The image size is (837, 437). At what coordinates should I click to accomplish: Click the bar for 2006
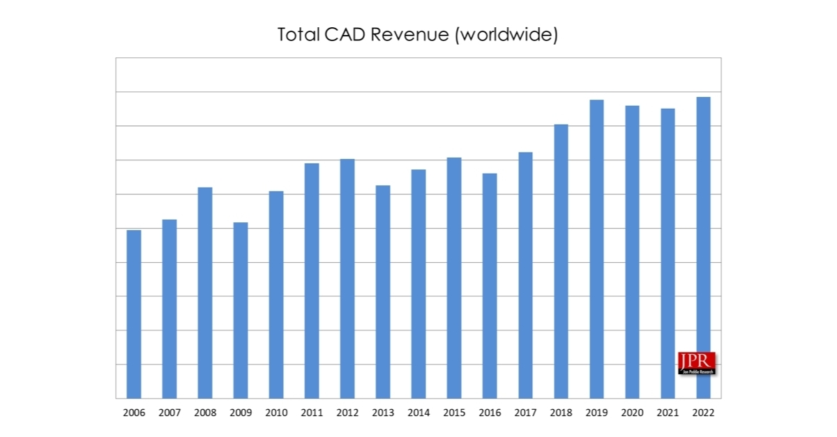pos(133,314)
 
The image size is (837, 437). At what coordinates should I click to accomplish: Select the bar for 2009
pos(240,310)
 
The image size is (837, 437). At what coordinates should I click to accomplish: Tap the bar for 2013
pos(383,292)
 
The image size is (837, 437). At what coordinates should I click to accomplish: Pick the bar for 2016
pos(490,286)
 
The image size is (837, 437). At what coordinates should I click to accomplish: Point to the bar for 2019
pos(596,249)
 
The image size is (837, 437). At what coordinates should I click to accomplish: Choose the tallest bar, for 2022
pos(703,247)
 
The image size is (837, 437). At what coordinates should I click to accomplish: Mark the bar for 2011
pos(312,281)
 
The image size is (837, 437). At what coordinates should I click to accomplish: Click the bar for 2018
pos(561,261)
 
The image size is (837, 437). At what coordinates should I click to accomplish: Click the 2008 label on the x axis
pos(205,413)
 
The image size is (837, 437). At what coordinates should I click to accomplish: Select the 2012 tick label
pos(347,413)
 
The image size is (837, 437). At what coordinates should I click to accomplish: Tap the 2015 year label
pos(454,413)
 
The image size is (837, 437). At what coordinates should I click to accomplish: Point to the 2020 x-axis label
pos(632,413)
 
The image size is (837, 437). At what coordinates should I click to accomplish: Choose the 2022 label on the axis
pos(703,413)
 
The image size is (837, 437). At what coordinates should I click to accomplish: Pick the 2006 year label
pos(134,413)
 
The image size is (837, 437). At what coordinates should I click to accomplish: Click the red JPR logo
pos(696,362)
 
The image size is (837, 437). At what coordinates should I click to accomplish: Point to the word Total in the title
pos(298,35)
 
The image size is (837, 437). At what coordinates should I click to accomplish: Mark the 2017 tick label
pos(525,413)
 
